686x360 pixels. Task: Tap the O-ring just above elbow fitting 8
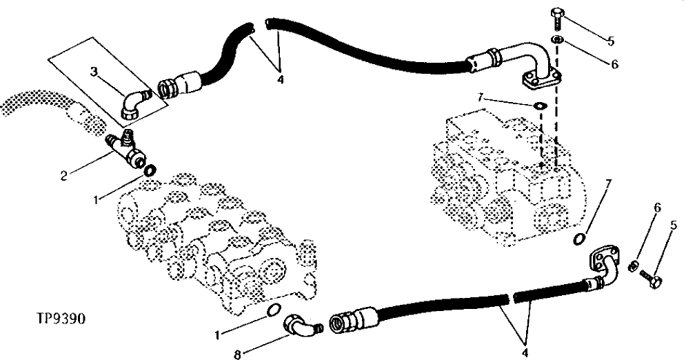point(274,310)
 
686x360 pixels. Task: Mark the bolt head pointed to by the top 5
point(558,13)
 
